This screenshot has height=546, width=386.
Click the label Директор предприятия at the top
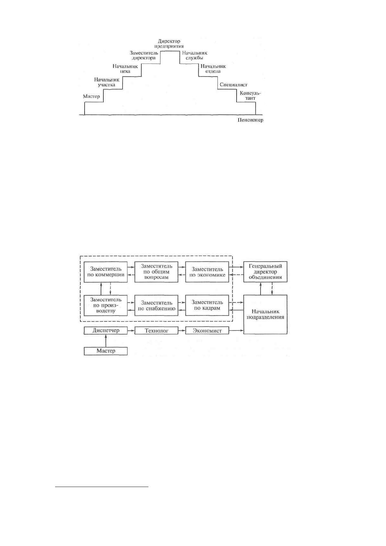pos(169,44)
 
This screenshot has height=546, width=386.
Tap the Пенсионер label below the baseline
pos(250,120)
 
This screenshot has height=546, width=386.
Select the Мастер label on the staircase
pos(91,96)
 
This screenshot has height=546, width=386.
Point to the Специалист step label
pos(233,85)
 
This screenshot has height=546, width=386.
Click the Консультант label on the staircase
pos(250,96)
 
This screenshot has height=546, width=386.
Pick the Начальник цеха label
pos(125,69)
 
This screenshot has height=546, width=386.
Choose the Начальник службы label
pos(194,55)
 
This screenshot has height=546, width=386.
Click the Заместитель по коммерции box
pos(106,272)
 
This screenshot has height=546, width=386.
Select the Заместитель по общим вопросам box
pos(156,272)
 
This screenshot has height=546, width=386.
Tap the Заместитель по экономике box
pos(207,272)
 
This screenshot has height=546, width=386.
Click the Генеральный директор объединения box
pos(265,272)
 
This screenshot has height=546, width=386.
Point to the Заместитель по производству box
pos(106,305)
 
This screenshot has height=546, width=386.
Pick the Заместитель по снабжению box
pos(156,305)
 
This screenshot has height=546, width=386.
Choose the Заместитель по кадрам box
pos(207,305)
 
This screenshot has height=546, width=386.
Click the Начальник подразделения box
pos(265,315)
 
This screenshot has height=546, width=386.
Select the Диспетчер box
pos(106,330)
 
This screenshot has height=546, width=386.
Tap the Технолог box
pos(156,330)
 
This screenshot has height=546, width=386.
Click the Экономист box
pos(207,330)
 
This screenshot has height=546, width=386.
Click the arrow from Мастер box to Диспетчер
pos(106,341)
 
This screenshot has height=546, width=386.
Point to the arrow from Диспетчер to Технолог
pos(131,330)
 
